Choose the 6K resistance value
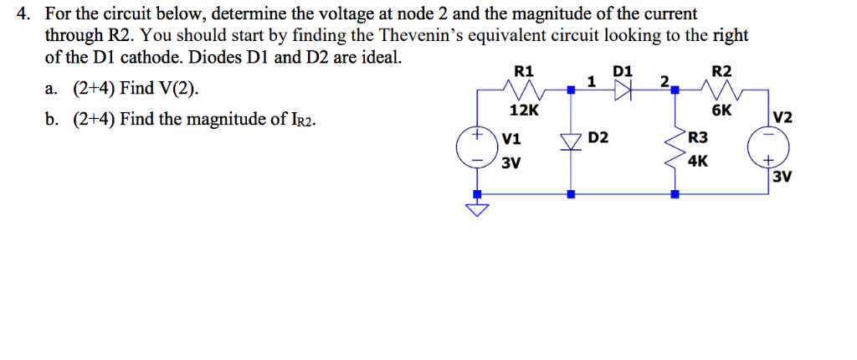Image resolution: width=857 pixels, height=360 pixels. pyautogui.click(x=721, y=111)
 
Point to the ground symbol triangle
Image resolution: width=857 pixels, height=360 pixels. pyautogui.click(x=477, y=210)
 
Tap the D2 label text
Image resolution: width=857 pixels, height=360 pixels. pyautogui.click(x=598, y=136)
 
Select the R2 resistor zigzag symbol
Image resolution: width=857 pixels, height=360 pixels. pyautogui.click(x=719, y=88)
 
